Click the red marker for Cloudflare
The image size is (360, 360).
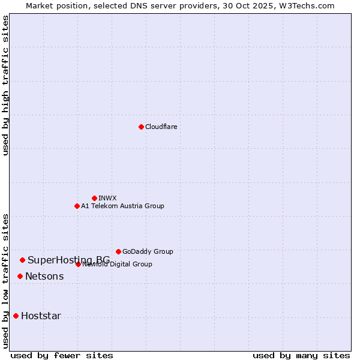141,127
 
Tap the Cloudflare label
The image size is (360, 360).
161,127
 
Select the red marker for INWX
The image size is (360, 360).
94,198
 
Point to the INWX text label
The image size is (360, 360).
107,198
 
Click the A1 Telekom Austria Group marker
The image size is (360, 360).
77,206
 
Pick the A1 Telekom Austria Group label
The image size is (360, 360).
122,206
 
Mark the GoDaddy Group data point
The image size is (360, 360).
118,251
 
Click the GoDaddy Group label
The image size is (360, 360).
148,251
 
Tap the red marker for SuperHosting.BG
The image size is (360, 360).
22,260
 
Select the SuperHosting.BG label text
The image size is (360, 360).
68,260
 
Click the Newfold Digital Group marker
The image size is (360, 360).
78,264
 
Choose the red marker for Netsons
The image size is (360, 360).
20,276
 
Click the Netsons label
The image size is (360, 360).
44,276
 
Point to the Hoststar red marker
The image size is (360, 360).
16,316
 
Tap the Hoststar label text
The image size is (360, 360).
41,316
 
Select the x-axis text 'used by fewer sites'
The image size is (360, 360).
62,355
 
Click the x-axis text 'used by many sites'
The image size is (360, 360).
301,355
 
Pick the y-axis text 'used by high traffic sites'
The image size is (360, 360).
5,85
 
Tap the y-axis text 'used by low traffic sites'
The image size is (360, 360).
5,280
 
